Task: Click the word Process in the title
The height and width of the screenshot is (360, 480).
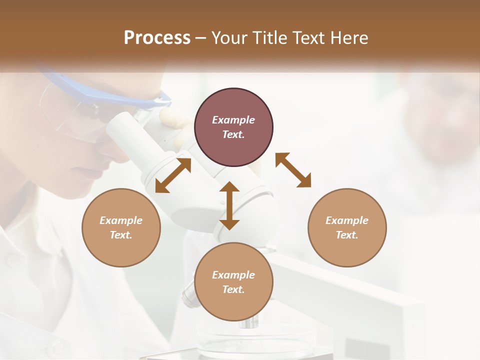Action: (157, 38)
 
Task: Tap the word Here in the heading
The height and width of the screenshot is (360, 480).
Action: (349, 38)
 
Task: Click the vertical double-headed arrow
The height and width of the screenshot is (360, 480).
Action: (229, 205)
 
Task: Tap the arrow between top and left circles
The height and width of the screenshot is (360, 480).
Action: (173, 175)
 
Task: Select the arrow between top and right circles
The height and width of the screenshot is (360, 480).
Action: (293, 170)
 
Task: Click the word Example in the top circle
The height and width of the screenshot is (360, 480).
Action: (233, 120)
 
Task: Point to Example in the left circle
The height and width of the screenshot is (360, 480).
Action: (121, 220)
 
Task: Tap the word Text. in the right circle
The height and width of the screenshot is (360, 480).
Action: (346, 235)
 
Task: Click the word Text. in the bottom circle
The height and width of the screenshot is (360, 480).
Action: (233, 289)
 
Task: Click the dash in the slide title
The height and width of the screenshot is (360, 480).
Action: (201, 38)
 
